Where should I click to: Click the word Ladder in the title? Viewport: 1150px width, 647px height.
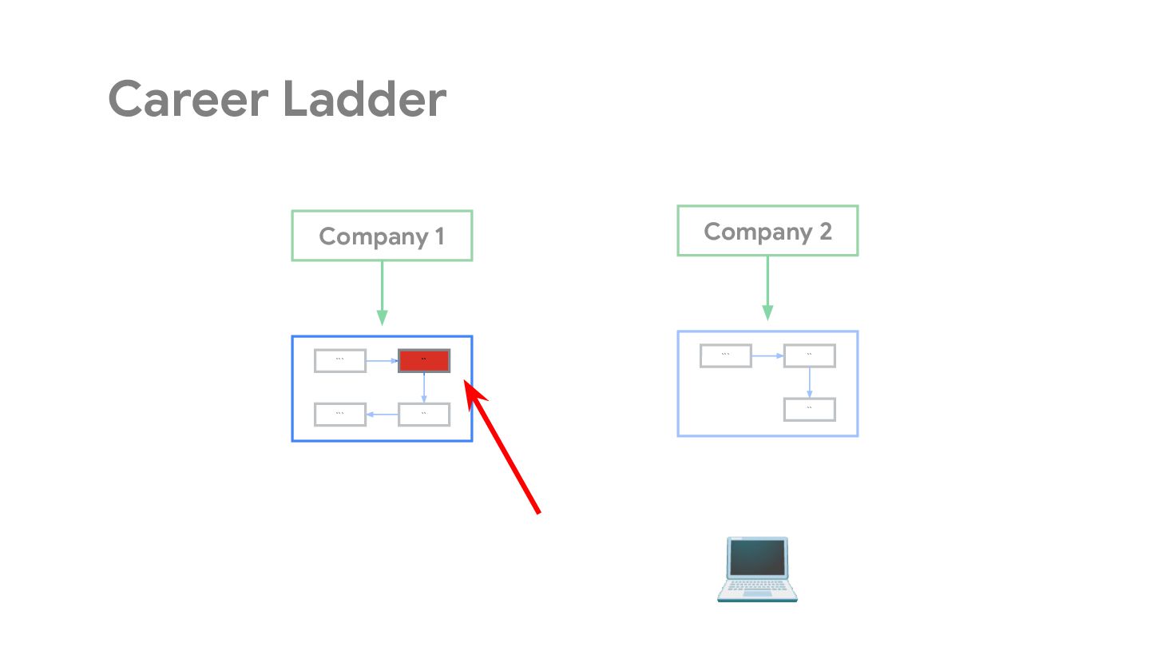pyautogui.click(x=364, y=100)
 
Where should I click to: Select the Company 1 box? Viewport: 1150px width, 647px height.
pyautogui.click(x=382, y=236)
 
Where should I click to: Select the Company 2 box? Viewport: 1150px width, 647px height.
pyautogui.click(x=767, y=231)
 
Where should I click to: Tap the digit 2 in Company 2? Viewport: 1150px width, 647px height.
pyautogui.click(x=824, y=231)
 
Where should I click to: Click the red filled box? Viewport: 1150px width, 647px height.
pyautogui.click(x=424, y=361)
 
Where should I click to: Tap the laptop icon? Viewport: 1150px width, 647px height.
pyautogui.click(x=757, y=569)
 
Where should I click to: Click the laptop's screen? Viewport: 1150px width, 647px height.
pyautogui.click(x=757, y=558)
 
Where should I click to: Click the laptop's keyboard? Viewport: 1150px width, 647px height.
pyautogui.click(x=757, y=587)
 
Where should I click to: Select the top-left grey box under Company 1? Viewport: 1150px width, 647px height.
pyautogui.click(x=340, y=361)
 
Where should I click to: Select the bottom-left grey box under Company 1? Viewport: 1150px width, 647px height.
pyautogui.click(x=340, y=415)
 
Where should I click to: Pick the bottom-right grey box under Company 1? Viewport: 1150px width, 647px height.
pyautogui.click(x=424, y=415)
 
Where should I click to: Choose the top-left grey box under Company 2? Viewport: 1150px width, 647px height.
pyautogui.click(x=726, y=355)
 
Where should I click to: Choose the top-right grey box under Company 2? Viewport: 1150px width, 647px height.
pyautogui.click(x=810, y=355)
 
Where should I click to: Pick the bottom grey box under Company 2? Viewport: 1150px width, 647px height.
pyautogui.click(x=810, y=409)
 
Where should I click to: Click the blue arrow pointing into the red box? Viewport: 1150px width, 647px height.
pyautogui.click(x=383, y=361)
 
